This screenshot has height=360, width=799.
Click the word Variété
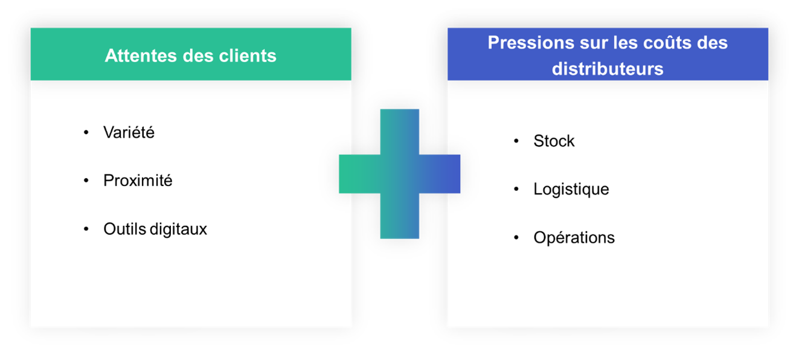click(x=129, y=132)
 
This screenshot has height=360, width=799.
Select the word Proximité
click(x=138, y=181)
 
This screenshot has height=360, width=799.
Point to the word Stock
click(x=554, y=141)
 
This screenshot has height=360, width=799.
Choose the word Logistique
click(x=571, y=189)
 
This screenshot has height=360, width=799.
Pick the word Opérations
click(x=574, y=237)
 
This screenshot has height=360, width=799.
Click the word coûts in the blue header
click(x=666, y=43)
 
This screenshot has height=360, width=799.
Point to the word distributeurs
click(x=608, y=69)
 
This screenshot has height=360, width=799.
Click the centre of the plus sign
click(x=400, y=174)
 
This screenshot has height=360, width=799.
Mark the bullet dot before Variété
click(x=86, y=132)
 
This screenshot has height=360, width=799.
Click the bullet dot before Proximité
click(x=86, y=180)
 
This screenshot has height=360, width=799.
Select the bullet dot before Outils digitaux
click(x=86, y=228)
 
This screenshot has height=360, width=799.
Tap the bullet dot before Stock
click(x=516, y=141)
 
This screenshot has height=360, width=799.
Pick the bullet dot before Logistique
click(x=516, y=189)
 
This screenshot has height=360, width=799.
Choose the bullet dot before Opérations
click(x=516, y=237)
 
